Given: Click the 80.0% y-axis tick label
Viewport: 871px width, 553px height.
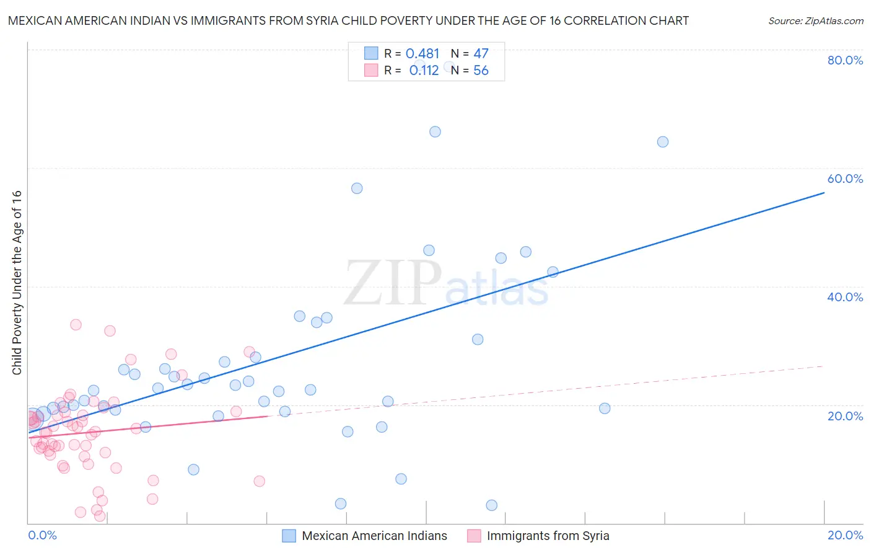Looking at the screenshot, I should point(845,60).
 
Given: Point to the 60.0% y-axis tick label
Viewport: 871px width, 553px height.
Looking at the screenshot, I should point(845,179).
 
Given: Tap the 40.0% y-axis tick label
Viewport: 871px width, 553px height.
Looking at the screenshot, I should point(845,297).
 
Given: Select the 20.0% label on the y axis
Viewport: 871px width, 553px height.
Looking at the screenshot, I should point(845,415).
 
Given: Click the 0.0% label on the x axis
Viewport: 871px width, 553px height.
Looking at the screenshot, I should point(42,535).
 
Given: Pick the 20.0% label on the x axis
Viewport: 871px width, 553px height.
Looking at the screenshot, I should point(845,535).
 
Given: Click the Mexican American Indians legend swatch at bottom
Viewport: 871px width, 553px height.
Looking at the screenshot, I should point(289,536).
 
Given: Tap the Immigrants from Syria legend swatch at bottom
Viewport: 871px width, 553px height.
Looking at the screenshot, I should point(474,536).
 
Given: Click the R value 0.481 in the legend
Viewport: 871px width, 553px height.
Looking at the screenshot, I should point(422,54).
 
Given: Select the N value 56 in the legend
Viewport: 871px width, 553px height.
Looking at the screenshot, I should point(481,71).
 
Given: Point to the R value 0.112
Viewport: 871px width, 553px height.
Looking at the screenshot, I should point(424,71).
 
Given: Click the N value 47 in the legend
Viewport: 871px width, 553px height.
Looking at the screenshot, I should point(481,54).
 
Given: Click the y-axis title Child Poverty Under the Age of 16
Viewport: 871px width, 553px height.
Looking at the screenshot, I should point(17,282).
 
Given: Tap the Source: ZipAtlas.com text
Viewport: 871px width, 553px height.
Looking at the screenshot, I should point(815,21).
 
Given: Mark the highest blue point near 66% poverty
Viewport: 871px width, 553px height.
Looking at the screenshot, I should point(435,131).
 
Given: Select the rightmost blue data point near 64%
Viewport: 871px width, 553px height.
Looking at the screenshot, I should point(662,141).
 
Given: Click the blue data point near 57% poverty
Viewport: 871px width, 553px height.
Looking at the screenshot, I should point(357,188).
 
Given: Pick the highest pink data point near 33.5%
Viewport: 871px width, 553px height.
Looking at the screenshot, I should point(76,324).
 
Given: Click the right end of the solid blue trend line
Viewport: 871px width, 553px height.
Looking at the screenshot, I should point(823,193).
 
